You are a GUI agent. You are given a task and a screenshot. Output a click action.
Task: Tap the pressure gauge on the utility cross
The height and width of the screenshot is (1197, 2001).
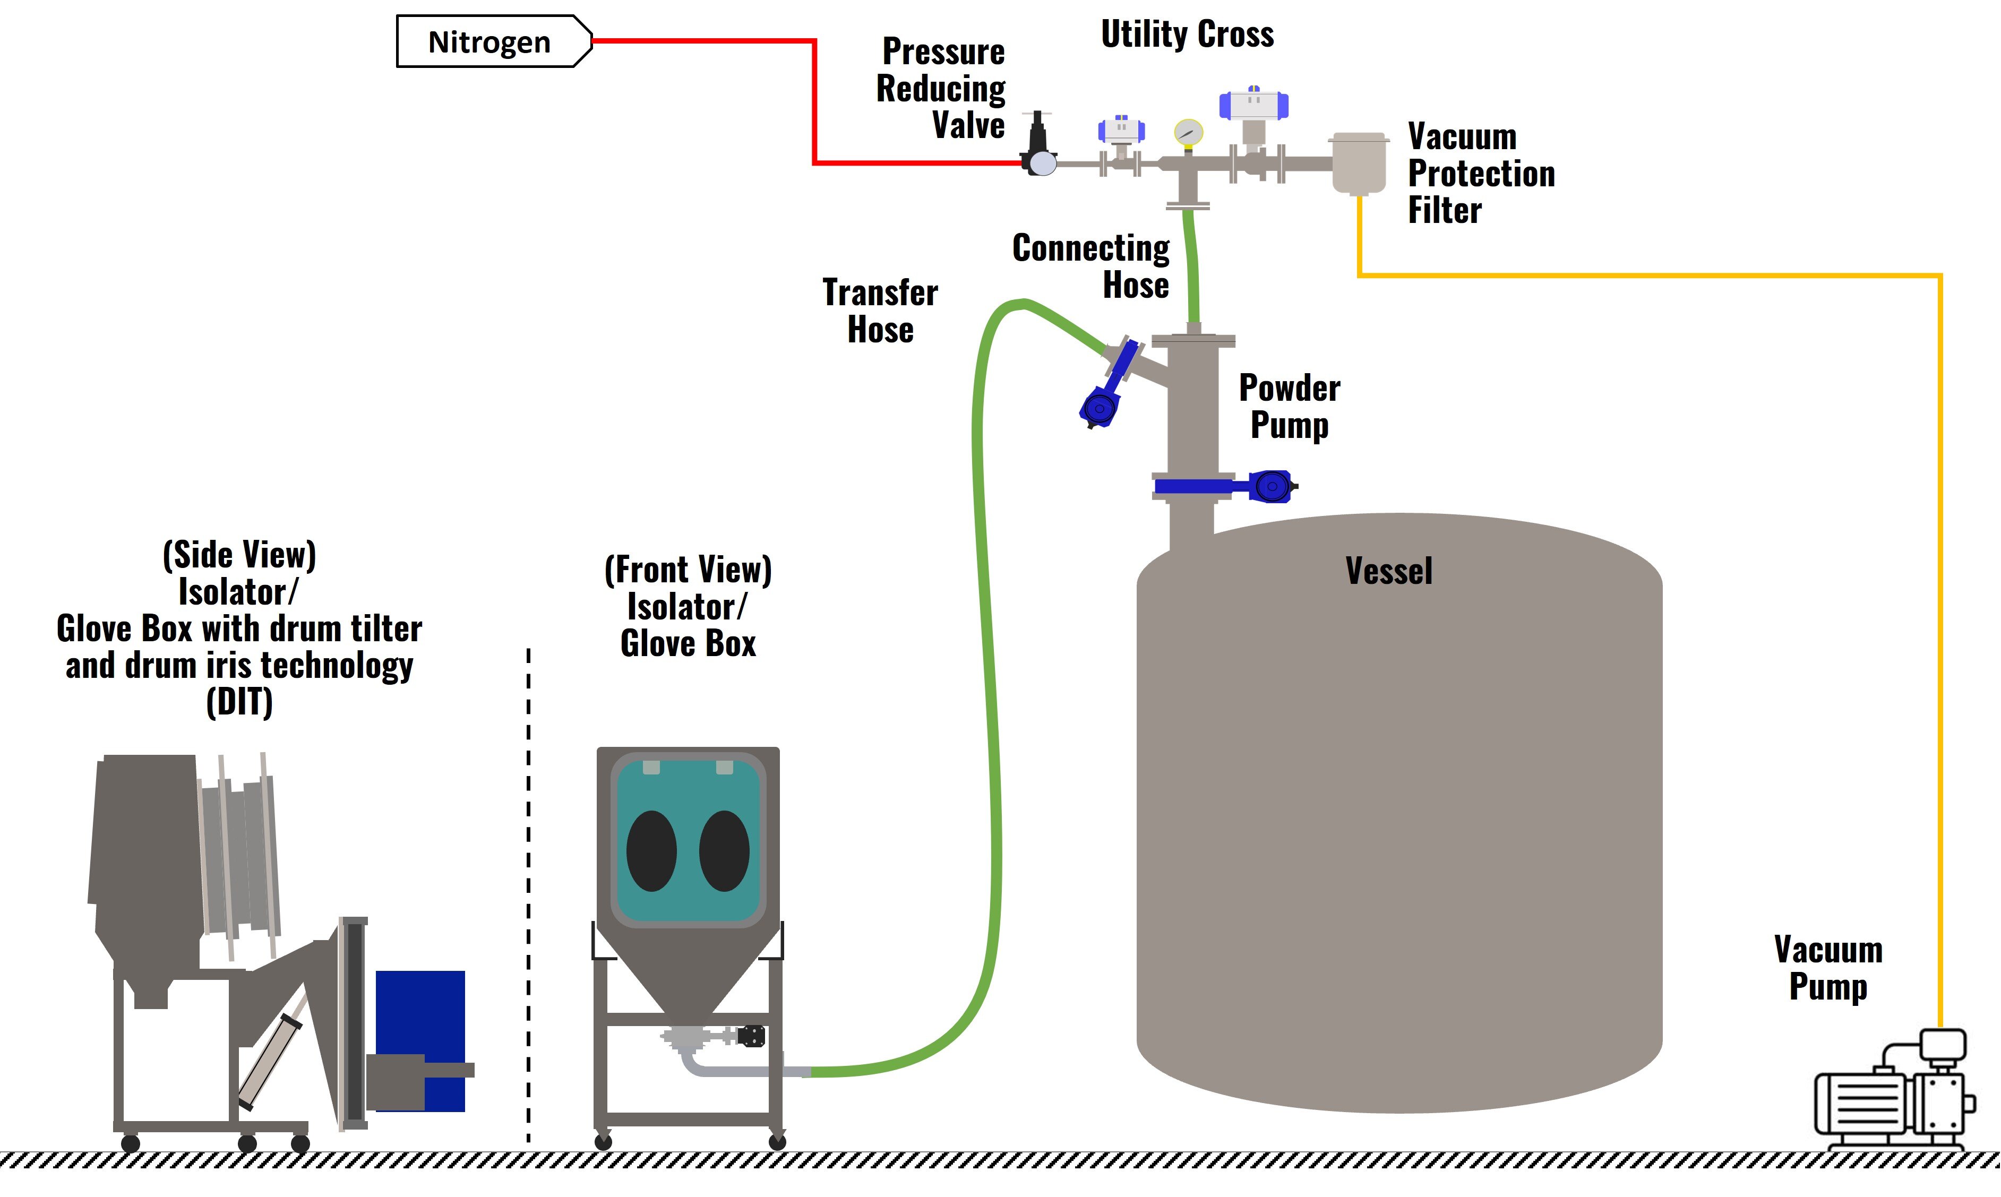click(1188, 132)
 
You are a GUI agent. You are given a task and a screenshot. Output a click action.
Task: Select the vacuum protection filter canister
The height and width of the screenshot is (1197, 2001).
click(1359, 163)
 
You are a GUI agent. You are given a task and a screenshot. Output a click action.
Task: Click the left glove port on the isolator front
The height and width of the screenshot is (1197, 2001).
click(651, 851)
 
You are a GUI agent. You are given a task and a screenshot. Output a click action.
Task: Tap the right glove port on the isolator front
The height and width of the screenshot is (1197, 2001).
click(724, 851)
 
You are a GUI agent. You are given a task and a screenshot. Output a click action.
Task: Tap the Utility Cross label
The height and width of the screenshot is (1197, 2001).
click(1187, 34)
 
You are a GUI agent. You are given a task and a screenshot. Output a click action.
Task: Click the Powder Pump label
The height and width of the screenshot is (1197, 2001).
click(1289, 407)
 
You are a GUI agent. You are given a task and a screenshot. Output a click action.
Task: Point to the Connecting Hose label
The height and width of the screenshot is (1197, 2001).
click(1090, 266)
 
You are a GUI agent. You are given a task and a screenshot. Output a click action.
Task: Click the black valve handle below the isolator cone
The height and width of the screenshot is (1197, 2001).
click(751, 1036)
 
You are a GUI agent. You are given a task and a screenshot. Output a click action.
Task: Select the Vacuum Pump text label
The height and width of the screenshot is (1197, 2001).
click(1827, 968)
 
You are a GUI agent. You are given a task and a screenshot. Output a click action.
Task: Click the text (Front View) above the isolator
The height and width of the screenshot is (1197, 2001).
click(688, 570)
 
